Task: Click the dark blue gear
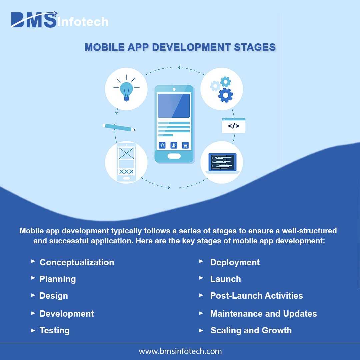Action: pos(225,95)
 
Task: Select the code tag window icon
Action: pos(233,125)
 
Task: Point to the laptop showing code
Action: pos(222,163)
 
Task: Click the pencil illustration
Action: pos(119,127)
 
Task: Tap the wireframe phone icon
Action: pos(127,162)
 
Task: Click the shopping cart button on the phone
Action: pos(185,145)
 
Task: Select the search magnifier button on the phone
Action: pos(162,145)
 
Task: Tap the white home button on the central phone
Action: pos(174,156)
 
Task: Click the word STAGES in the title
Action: pos(255,47)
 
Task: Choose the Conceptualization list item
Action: pos(77,262)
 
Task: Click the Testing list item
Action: pos(55,330)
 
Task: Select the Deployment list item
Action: pos(235,262)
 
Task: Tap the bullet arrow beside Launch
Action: pos(201,278)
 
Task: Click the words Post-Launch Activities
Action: pos(256,296)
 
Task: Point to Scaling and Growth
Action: pos(251,330)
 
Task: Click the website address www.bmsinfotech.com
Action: pos(180,351)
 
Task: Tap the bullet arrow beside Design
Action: pos(33,295)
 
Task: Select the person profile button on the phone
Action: pos(174,145)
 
